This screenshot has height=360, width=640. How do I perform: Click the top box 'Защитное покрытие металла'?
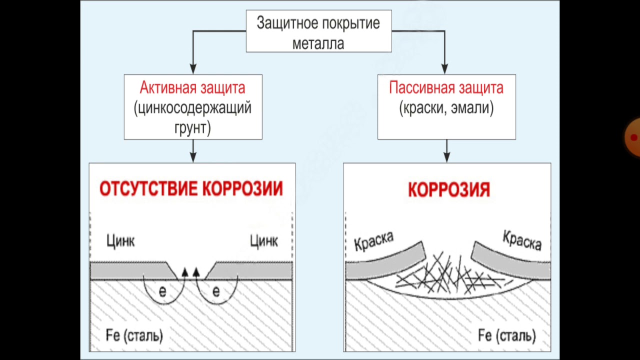click(x=318, y=31)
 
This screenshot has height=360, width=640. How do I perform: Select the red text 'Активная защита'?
click(x=192, y=88)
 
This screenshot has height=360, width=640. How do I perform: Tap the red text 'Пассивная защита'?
click(x=446, y=88)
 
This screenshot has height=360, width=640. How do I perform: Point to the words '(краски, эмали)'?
click(x=446, y=108)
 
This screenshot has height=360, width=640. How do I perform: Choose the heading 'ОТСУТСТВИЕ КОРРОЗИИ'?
click(x=191, y=189)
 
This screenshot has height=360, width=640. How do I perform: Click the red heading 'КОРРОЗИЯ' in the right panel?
click(x=448, y=190)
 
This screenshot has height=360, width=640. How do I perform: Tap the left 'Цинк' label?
click(x=120, y=241)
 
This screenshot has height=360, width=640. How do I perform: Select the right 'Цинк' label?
click(x=263, y=241)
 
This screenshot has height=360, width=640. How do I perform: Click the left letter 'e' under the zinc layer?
click(x=162, y=291)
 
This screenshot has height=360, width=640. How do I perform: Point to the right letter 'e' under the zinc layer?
click(x=216, y=291)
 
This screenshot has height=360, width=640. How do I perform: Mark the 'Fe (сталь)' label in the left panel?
click(x=134, y=334)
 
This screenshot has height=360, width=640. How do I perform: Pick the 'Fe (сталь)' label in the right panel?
click(x=507, y=334)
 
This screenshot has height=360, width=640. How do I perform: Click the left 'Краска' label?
click(x=373, y=241)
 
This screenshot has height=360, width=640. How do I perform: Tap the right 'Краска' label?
click(x=522, y=240)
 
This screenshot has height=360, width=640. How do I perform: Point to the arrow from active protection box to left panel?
click(x=193, y=150)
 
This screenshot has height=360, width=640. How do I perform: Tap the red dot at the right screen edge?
click(x=634, y=137)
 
